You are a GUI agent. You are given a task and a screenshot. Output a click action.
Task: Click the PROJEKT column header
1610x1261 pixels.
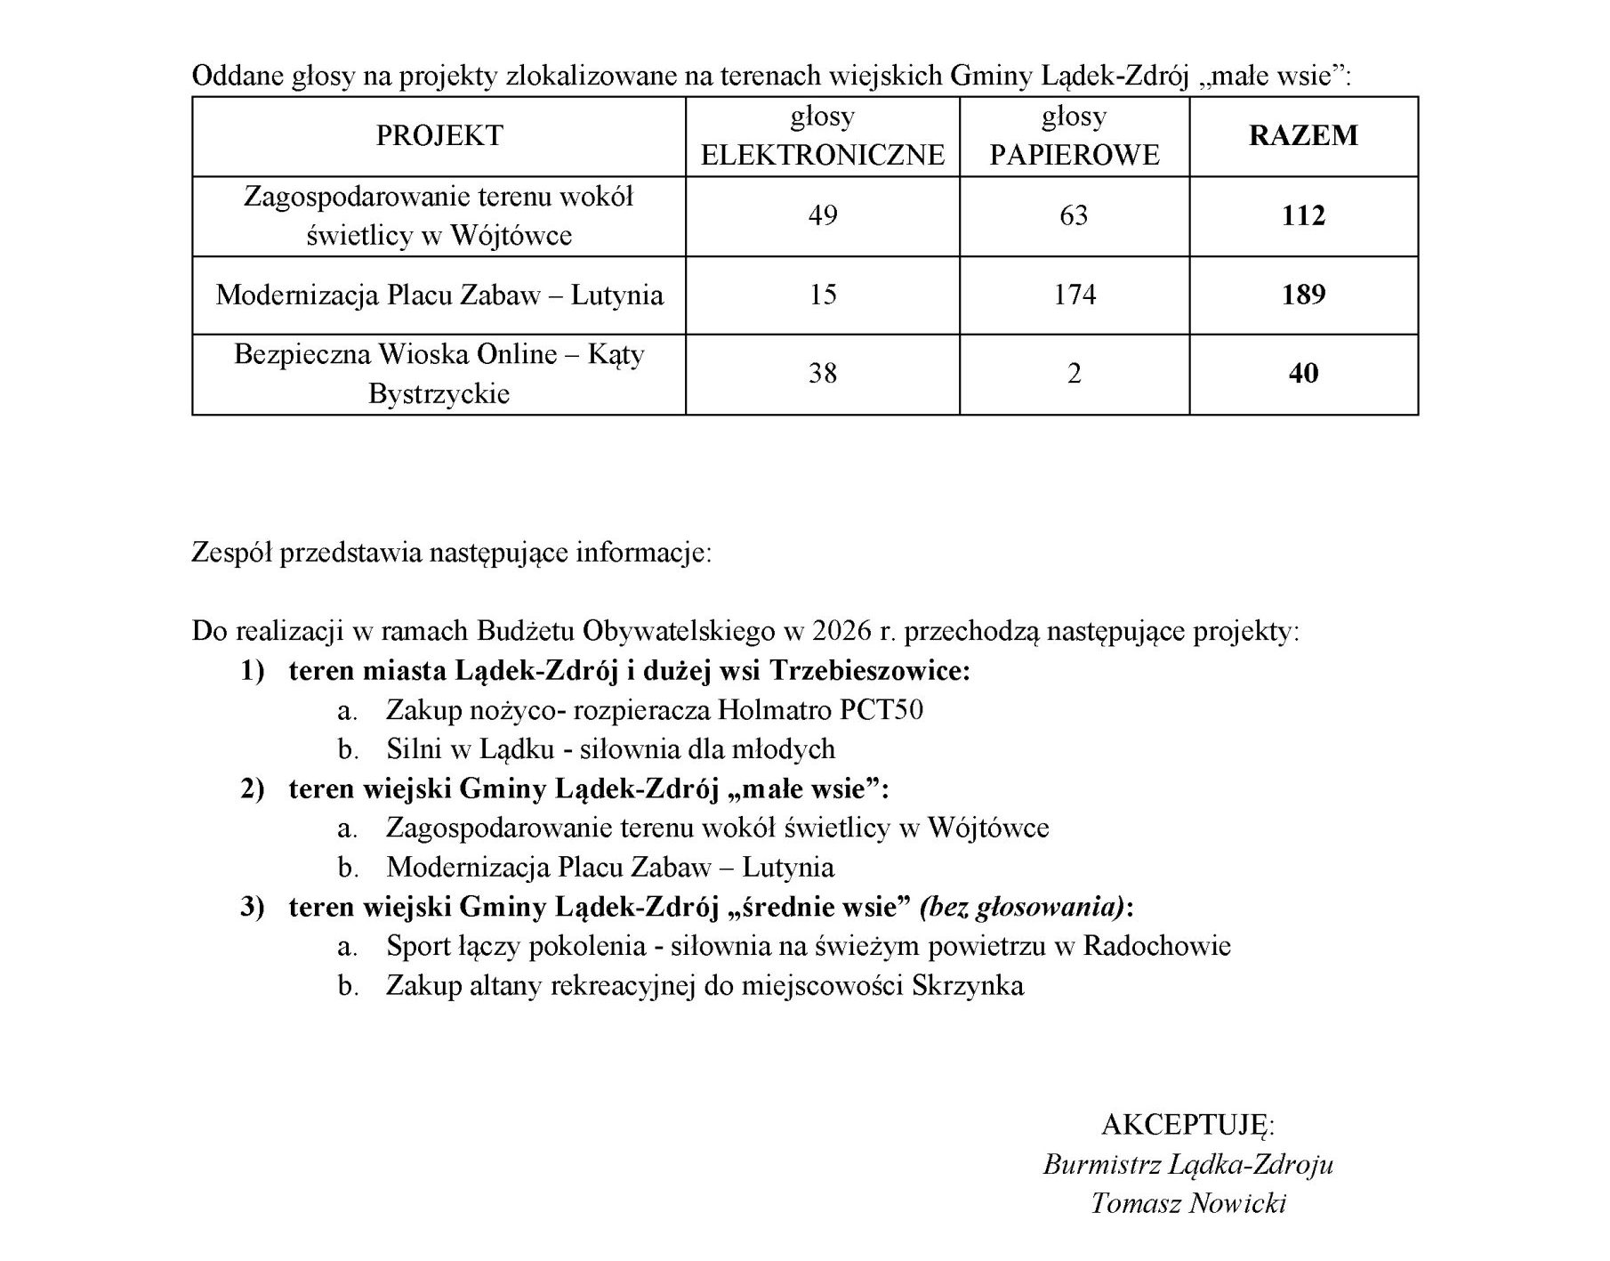point(439,136)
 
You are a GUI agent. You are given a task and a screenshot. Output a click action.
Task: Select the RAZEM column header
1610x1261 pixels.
point(1303,136)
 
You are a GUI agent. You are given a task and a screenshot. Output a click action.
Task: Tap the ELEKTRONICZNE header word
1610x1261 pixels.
point(823,155)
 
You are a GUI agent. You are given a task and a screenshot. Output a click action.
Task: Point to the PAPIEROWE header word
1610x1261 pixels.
point(1075,155)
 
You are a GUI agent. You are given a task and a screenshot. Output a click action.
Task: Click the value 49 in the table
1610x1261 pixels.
point(823,216)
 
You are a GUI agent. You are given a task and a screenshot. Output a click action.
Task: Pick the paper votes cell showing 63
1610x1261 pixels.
point(1074,216)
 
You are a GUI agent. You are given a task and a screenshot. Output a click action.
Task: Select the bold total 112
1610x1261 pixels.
point(1303,216)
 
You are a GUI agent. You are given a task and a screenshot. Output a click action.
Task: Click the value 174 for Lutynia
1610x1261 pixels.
point(1075,295)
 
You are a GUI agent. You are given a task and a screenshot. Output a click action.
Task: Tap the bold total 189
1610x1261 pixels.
point(1303,295)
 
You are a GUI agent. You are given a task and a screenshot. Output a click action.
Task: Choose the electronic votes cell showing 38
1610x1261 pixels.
point(823,373)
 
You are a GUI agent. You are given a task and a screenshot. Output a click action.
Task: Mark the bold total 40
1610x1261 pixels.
point(1303,373)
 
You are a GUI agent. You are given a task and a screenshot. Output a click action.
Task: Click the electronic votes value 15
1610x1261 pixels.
point(823,295)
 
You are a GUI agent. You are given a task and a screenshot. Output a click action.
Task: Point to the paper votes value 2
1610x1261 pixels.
point(1074,373)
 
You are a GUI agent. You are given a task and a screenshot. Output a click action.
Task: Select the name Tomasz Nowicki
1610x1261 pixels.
point(1188,1203)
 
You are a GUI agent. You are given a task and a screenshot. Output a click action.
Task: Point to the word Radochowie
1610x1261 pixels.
point(1156,946)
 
